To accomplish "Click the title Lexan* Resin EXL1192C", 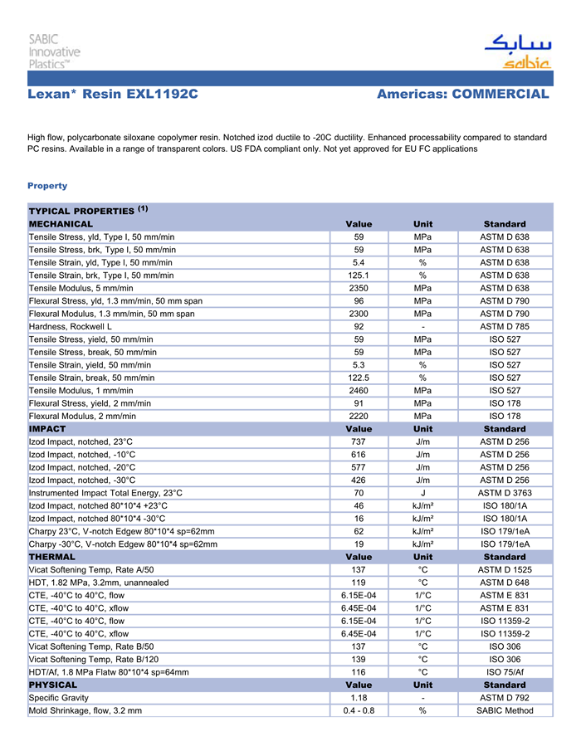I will [x=113, y=95].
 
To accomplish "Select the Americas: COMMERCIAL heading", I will [x=462, y=95].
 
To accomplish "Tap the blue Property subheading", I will [x=47, y=186].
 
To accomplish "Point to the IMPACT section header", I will [x=47, y=429].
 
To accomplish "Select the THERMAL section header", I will [x=52, y=557].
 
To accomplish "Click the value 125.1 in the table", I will [x=359, y=276].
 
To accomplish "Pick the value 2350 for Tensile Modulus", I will [x=359, y=288].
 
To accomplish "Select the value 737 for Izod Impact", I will [x=359, y=441].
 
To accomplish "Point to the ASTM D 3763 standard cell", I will [x=504, y=493].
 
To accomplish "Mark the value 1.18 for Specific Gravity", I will [x=359, y=698].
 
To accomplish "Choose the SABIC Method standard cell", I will [x=504, y=710].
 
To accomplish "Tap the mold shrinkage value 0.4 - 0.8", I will [x=359, y=710].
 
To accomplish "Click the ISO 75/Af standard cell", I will [x=504, y=672].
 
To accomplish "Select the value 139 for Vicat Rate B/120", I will [x=359, y=660].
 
